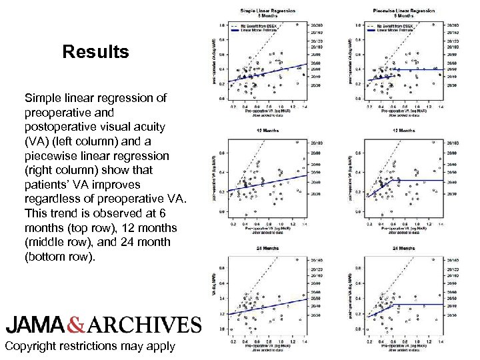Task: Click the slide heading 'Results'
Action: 95,52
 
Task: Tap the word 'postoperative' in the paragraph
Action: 57,127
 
